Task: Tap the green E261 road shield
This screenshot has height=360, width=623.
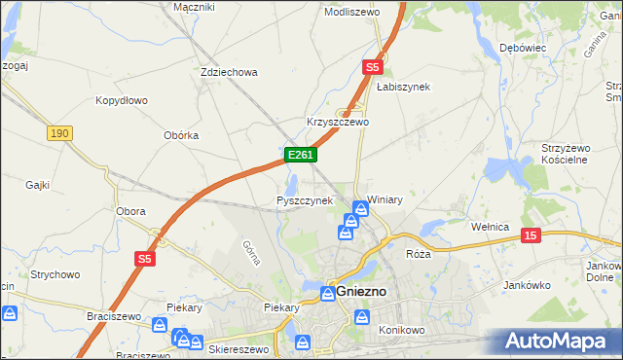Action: tap(299, 155)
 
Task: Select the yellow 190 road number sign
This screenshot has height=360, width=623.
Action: tap(58, 132)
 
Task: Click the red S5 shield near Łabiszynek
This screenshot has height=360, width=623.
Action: tap(373, 67)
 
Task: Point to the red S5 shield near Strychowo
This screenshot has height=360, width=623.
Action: tap(145, 258)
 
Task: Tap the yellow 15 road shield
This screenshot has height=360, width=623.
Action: tap(531, 235)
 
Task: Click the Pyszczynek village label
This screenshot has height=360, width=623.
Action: tap(305, 200)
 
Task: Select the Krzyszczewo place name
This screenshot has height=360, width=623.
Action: tap(338, 122)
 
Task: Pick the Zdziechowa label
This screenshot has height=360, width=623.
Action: tap(228, 72)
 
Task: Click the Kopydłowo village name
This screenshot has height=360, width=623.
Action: tap(121, 100)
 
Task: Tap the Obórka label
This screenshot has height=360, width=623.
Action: tap(181, 135)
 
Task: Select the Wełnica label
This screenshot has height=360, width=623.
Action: tap(491, 227)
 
